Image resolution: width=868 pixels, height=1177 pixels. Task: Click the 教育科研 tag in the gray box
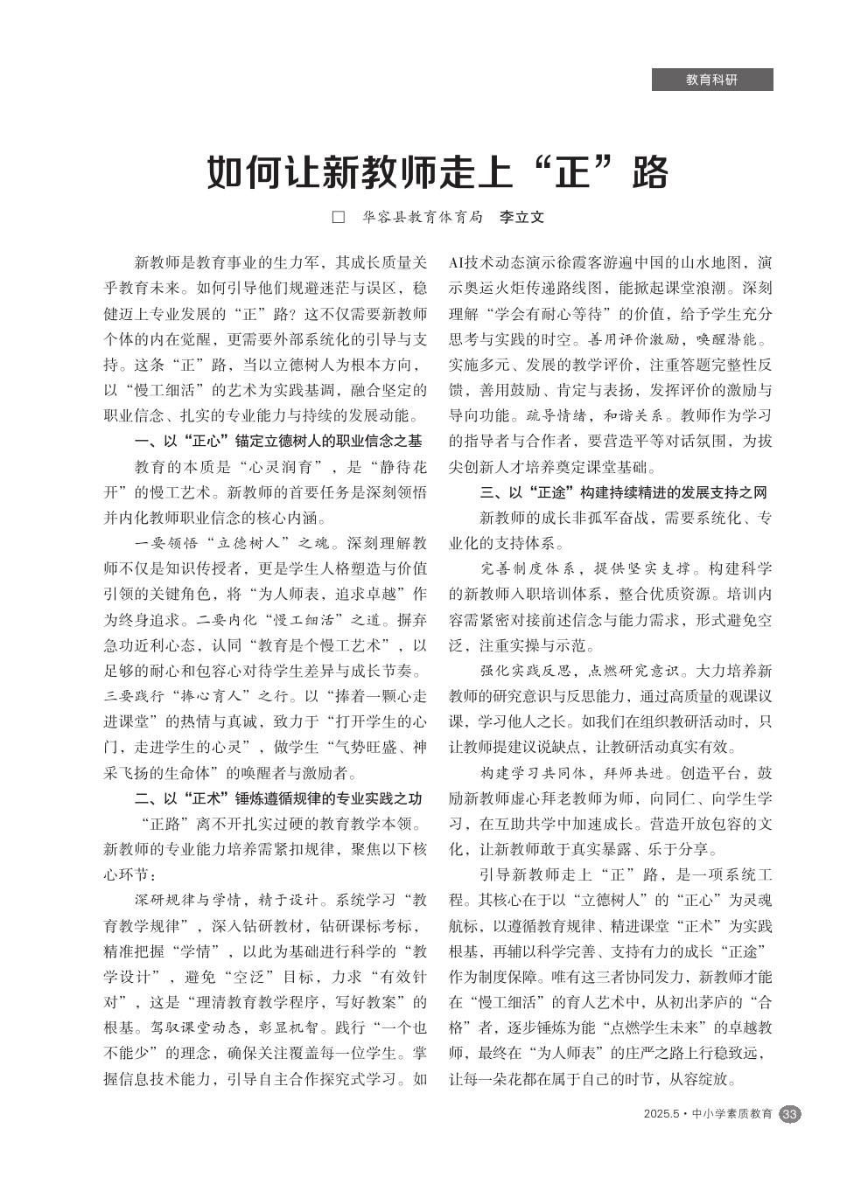[x=711, y=80]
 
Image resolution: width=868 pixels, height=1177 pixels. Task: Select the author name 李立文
[x=521, y=217]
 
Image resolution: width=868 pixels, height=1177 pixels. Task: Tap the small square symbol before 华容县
[x=339, y=217]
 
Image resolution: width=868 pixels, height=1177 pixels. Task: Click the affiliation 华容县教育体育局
[x=423, y=217]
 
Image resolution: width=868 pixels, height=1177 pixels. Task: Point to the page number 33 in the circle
[x=789, y=1114]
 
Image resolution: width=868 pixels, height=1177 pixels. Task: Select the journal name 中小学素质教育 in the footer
[x=732, y=1114]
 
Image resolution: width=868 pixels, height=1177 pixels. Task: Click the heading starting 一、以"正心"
[x=278, y=441]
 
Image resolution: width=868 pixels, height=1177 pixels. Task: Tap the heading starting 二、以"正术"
[x=278, y=798]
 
